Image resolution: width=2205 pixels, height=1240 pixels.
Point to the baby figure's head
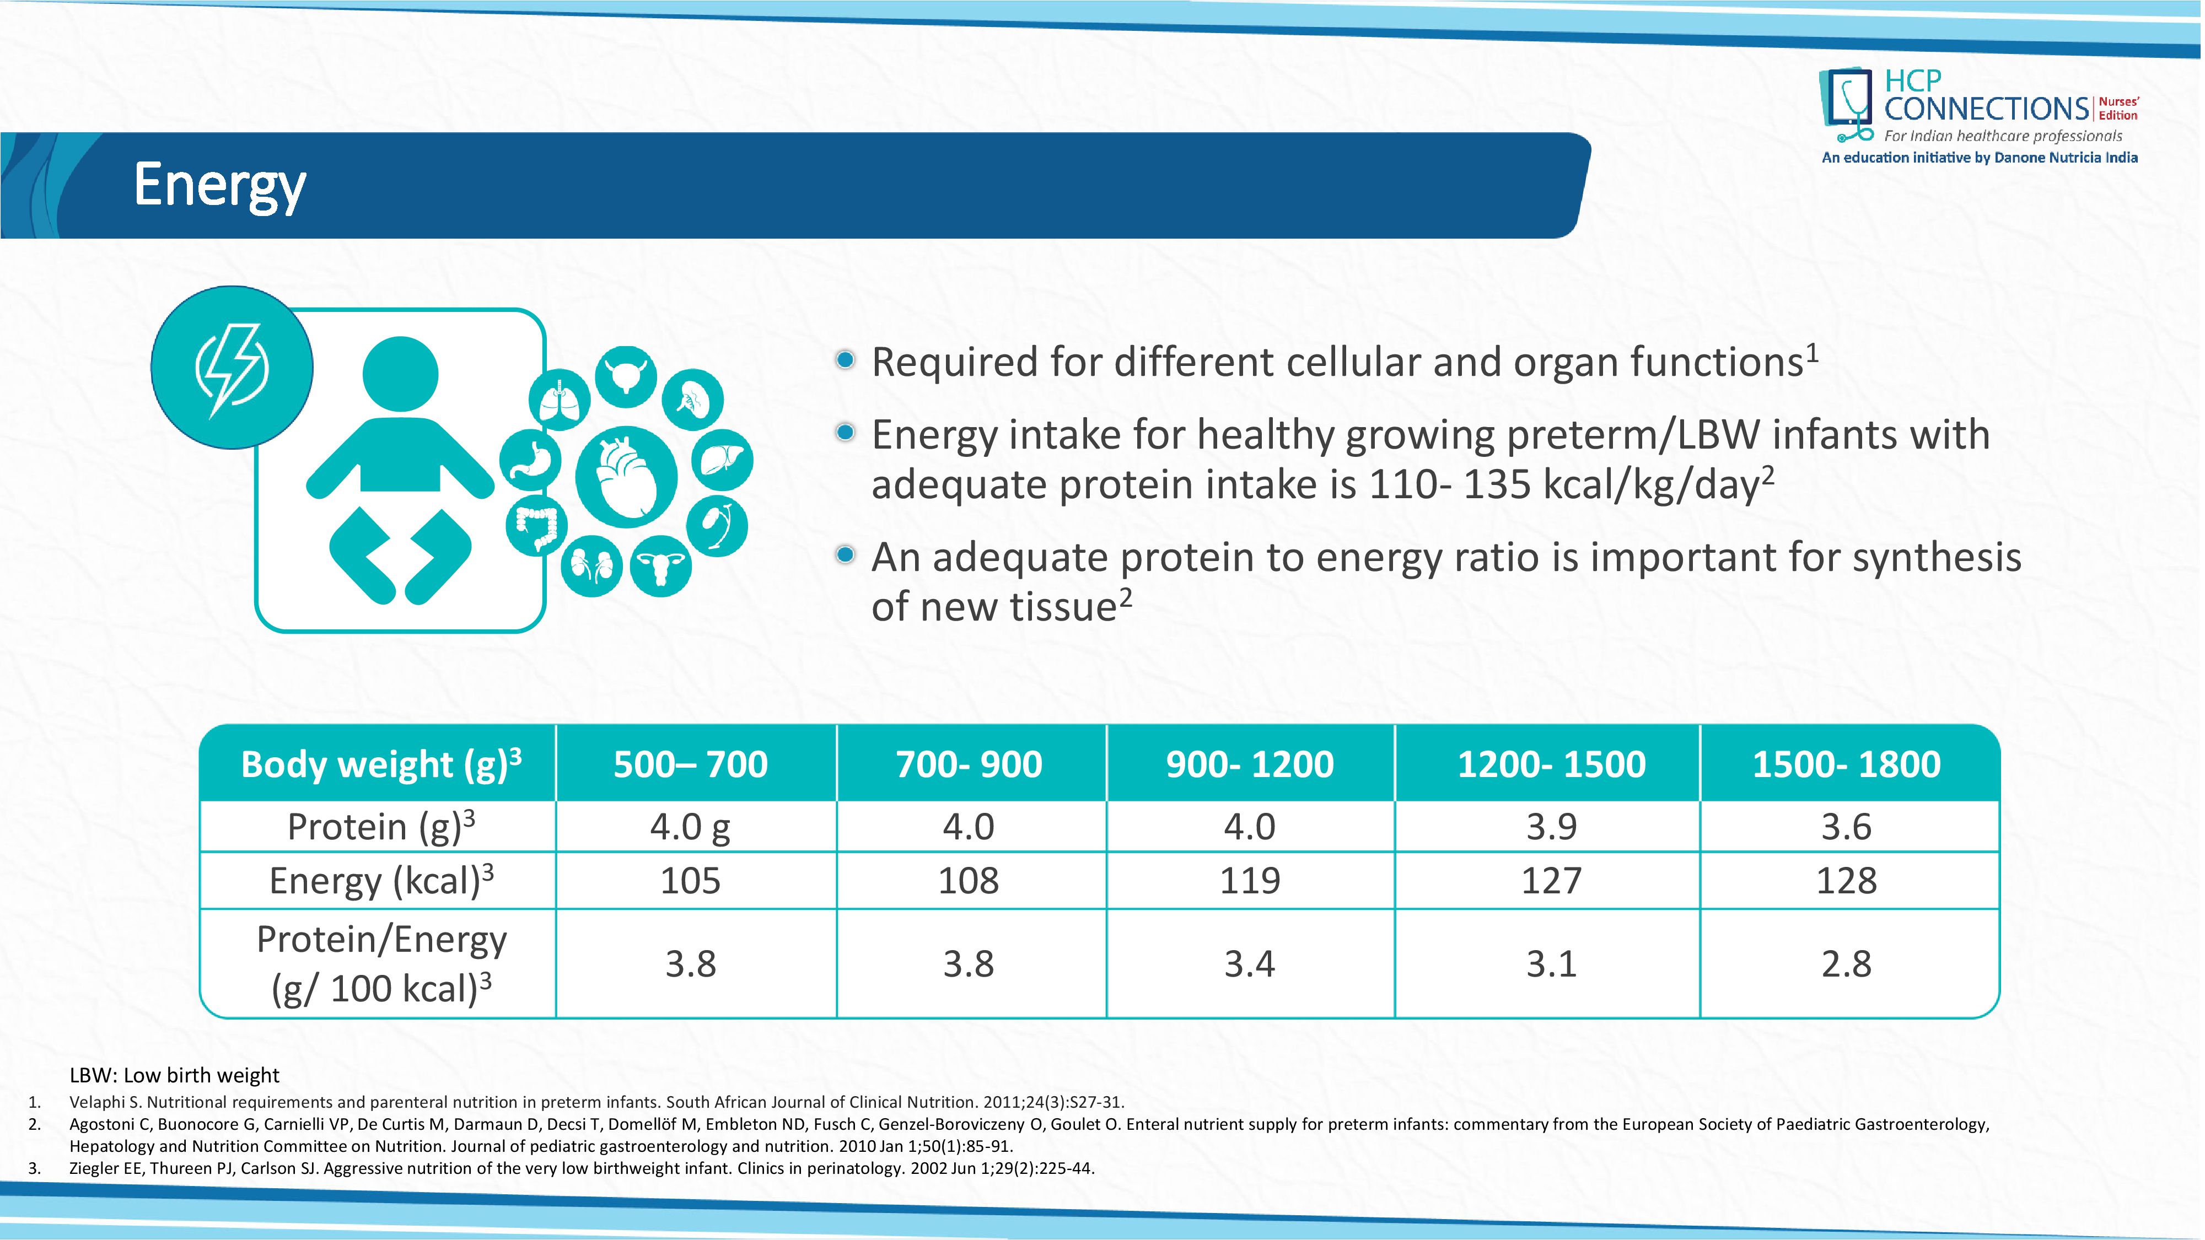click(401, 374)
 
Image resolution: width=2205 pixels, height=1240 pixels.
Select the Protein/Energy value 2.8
click(1846, 963)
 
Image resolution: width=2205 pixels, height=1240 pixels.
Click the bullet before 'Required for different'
click(845, 360)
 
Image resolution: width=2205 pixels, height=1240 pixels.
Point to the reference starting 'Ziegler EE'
click(582, 1168)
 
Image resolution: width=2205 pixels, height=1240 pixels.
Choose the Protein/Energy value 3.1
click(1551, 963)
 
